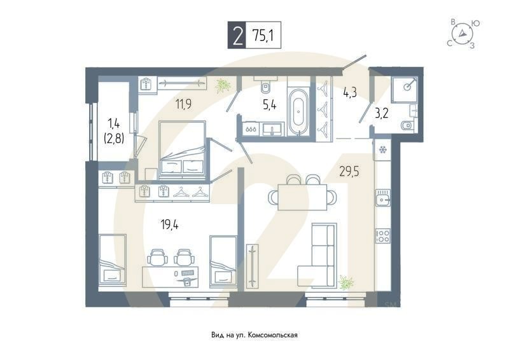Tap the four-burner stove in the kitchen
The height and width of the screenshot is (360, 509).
pyautogui.click(x=383, y=236)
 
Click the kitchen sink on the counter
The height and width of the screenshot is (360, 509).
pyautogui.click(x=383, y=200)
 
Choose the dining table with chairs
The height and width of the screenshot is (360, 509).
pyautogui.click(x=302, y=195)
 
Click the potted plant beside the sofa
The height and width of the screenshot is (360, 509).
pyautogui.click(x=347, y=282)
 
